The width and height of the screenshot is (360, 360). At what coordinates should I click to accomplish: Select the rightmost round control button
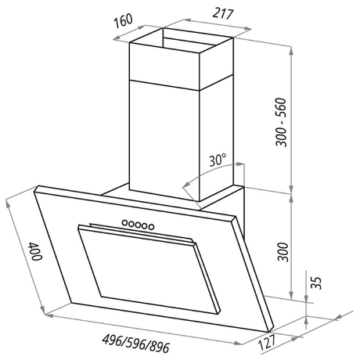tap(149, 226)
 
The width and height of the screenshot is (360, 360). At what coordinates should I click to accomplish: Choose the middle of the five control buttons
tap(136, 225)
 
